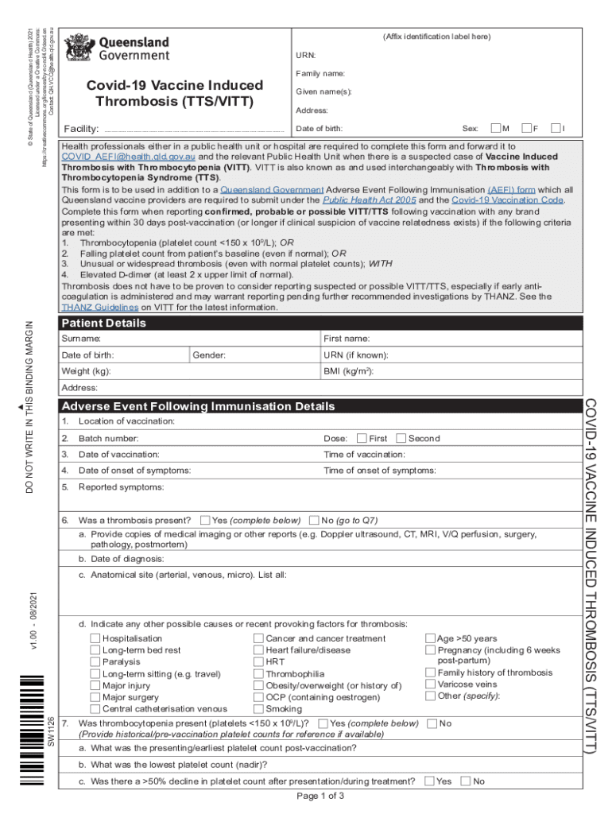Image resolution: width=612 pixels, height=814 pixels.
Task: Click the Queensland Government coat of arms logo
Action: [79, 48]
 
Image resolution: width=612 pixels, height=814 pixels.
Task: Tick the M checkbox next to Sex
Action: [496, 128]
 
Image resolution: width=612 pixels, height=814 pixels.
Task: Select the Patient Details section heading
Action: [104, 324]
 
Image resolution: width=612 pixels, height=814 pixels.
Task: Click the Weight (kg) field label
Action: [86, 371]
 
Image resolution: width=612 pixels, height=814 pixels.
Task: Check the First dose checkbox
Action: [362, 438]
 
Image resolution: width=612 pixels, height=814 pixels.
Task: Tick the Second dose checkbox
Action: [401, 438]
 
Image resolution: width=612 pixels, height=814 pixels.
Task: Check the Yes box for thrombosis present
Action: [205, 520]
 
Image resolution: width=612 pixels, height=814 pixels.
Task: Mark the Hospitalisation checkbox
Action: [95, 638]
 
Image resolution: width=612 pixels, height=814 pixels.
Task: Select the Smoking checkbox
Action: [258, 708]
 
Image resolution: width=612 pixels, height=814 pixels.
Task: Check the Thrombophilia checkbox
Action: [258, 673]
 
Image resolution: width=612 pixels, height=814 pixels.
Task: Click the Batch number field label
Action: [108, 438]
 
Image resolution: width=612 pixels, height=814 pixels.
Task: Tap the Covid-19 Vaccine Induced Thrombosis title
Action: [175, 93]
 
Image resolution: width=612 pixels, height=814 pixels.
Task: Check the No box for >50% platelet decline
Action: [466, 781]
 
